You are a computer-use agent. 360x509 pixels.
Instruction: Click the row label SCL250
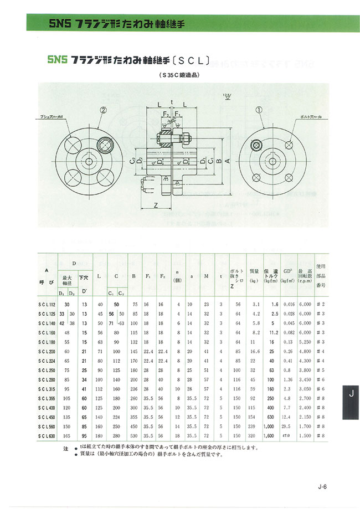pos(47,369)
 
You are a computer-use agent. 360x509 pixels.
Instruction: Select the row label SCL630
pos(47,436)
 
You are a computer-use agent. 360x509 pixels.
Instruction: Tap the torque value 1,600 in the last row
pos(271,436)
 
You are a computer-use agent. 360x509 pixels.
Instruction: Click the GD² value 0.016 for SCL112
pos(289,304)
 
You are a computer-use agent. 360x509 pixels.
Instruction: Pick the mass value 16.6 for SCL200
pos(254,351)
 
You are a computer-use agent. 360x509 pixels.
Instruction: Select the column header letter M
pos(206,275)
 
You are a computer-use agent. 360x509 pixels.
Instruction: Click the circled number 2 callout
pos(102,110)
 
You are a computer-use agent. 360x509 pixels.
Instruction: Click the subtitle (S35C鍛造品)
pos(180,75)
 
